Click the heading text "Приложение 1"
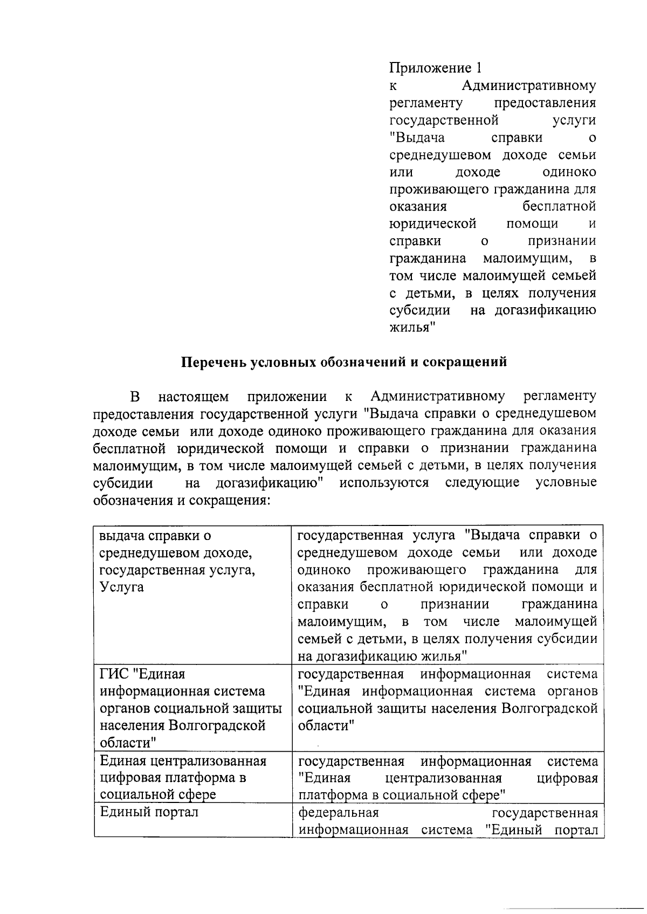[435, 68]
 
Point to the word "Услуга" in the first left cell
[122, 587]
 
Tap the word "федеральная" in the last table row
[339, 812]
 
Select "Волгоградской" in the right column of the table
[549, 708]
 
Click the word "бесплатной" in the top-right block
[559, 206]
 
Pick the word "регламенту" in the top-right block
[426, 102]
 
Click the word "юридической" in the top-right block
[432, 224]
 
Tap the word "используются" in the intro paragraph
[384, 482]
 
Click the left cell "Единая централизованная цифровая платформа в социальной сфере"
[183, 778]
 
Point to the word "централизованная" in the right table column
[444, 778]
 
